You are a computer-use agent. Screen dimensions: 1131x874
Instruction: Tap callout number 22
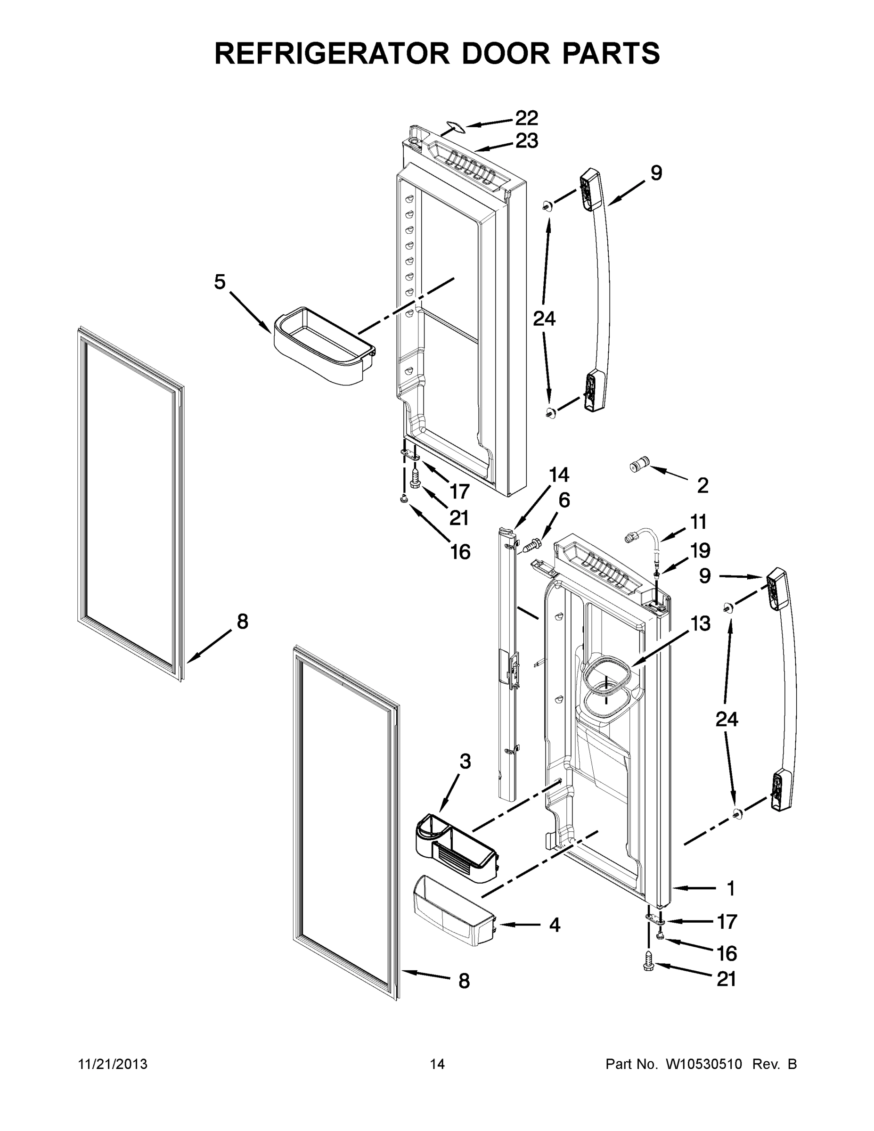(x=526, y=118)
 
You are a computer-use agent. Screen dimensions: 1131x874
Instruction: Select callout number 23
(x=526, y=141)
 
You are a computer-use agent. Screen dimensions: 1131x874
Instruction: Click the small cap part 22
(x=453, y=126)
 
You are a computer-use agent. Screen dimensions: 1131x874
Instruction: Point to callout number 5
(x=220, y=282)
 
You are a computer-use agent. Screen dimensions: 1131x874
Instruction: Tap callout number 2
(x=702, y=486)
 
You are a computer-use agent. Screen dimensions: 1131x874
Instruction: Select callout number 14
(x=559, y=475)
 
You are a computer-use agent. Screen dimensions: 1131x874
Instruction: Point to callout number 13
(x=700, y=623)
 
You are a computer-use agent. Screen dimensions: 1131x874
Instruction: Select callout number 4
(x=555, y=925)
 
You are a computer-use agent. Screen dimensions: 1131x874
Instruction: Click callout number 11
(x=698, y=522)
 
